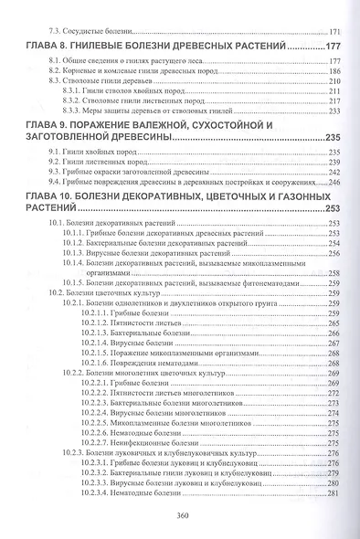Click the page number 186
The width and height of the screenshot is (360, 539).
(x=333, y=71)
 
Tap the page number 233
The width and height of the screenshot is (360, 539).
(x=333, y=111)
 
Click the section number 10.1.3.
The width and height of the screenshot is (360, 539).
(x=77, y=253)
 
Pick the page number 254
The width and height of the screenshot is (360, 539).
(x=333, y=243)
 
